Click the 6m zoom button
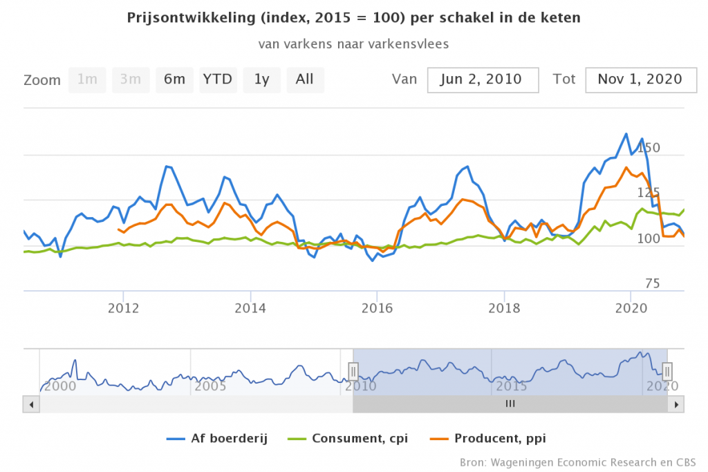coord(174,79)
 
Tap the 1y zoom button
coord(261,79)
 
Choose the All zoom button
coord(305,79)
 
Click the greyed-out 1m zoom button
coord(87,79)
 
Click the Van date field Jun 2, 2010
coord(483,79)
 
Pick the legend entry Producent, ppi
coord(496,438)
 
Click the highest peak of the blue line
coord(626,133)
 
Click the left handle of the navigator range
coord(353,371)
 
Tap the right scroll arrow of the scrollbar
coord(678,404)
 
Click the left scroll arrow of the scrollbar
coord(29,404)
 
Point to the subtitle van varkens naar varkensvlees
coord(354,44)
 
